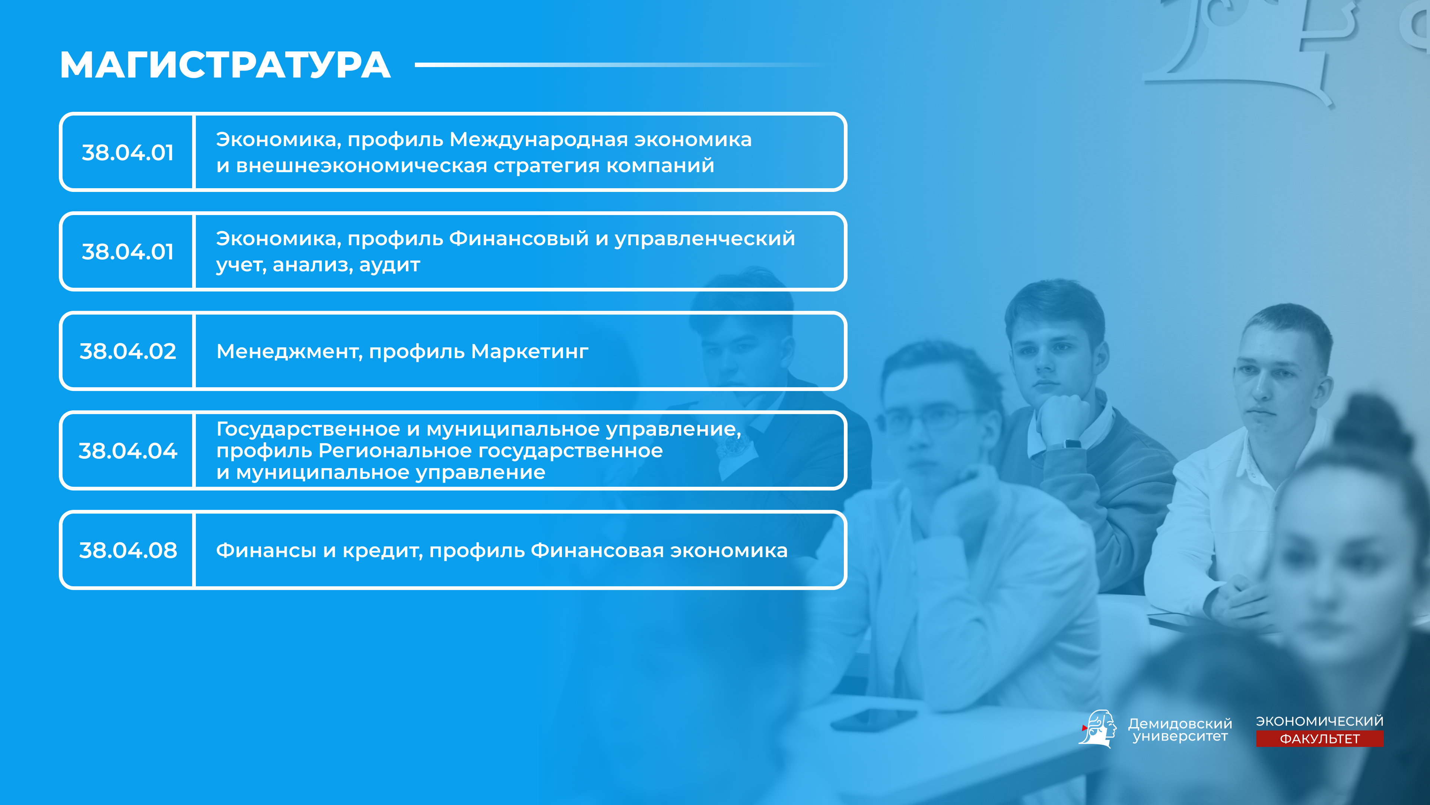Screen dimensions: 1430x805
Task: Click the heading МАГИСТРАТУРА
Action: coord(225,65)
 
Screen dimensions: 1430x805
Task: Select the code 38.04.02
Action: coord(128,351)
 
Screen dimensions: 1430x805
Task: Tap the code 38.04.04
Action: coord(128,451)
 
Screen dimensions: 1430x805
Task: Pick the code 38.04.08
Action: coord(128,550)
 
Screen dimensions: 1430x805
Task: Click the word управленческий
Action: coord(705,239)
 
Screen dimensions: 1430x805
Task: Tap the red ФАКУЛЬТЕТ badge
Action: coord(1319,739)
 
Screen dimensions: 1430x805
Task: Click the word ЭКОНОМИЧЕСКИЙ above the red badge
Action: coord(1319,721)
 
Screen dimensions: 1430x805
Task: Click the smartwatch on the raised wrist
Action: coord(1072,443)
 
